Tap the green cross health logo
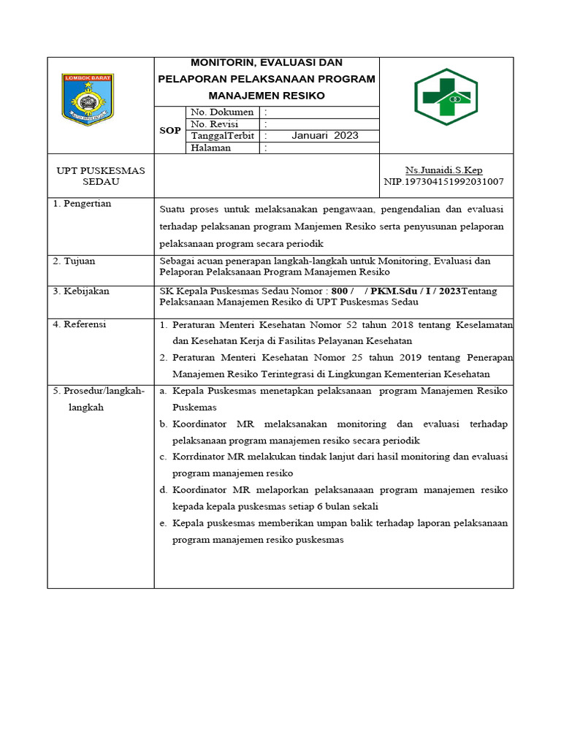[x=446, y=97]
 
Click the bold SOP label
[x=169, y=130]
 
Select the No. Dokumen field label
[x=222, y=112]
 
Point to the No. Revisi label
[x=215, y=124]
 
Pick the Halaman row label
[x=211, y=148]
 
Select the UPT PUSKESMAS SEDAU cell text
[x=101, y=176]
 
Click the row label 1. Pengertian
[x=83, y=204]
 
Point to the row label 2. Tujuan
[x=74, y=261]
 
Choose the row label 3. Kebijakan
[x=81, y=291]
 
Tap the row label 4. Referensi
[x=80, y=324]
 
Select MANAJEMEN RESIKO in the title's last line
[x=267, y=96]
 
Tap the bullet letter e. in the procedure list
[x=163, y=524]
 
